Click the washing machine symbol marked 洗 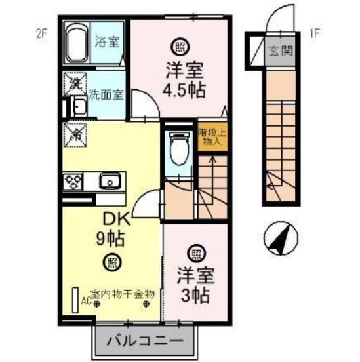point(74,84)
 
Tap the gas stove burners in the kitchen point(71,180)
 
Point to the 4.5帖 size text point(180,89)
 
